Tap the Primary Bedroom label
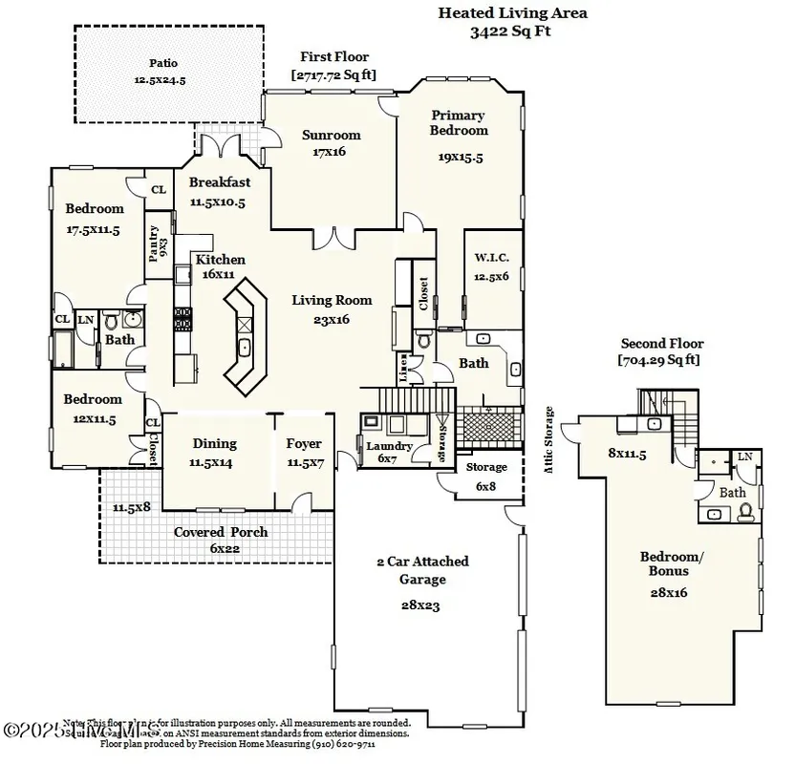[x=459, y=122]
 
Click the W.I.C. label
[x=492, y=258]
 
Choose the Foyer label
[x=304, y=443]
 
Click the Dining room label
[x=214, y=443]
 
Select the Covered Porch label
[x=221, y=532]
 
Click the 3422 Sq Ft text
[x=511, y=31]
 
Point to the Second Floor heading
[x=661, y=343]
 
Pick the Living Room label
[x=332, y=300]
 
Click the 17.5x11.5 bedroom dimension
[x=93, y=229]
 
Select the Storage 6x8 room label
[x=486, y=467]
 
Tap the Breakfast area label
[x=219, y=182]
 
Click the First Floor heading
[x=333, y=57]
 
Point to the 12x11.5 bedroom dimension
[x=93, y=418]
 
